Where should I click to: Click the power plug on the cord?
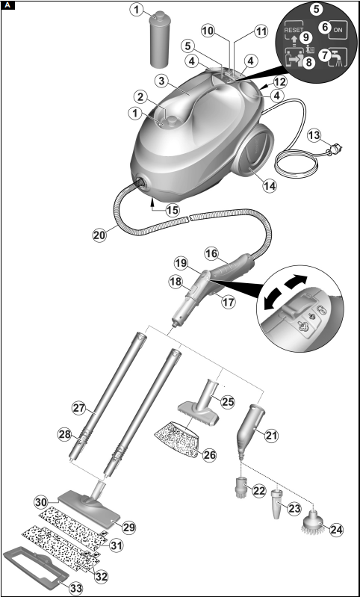[334, 150]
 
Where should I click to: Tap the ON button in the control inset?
[338, 30]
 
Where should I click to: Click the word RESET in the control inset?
[294, 30]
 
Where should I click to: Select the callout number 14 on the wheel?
[270, 185]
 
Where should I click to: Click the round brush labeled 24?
[313, 526]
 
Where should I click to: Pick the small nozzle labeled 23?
[277, 504]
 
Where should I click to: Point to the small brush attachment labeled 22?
[242, 486]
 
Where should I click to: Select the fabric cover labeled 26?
[176, 439]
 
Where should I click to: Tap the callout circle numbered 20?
[99, 235]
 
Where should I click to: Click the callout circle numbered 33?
[76, 588]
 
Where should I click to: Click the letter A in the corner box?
[8, 6]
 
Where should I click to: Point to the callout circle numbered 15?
[173, 210]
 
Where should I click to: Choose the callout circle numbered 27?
[78, 408]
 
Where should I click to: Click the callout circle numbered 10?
[208, 31]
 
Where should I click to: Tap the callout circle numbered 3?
[162, 81]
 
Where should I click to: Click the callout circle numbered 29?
[129, 528]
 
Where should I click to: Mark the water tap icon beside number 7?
[338, 57]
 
